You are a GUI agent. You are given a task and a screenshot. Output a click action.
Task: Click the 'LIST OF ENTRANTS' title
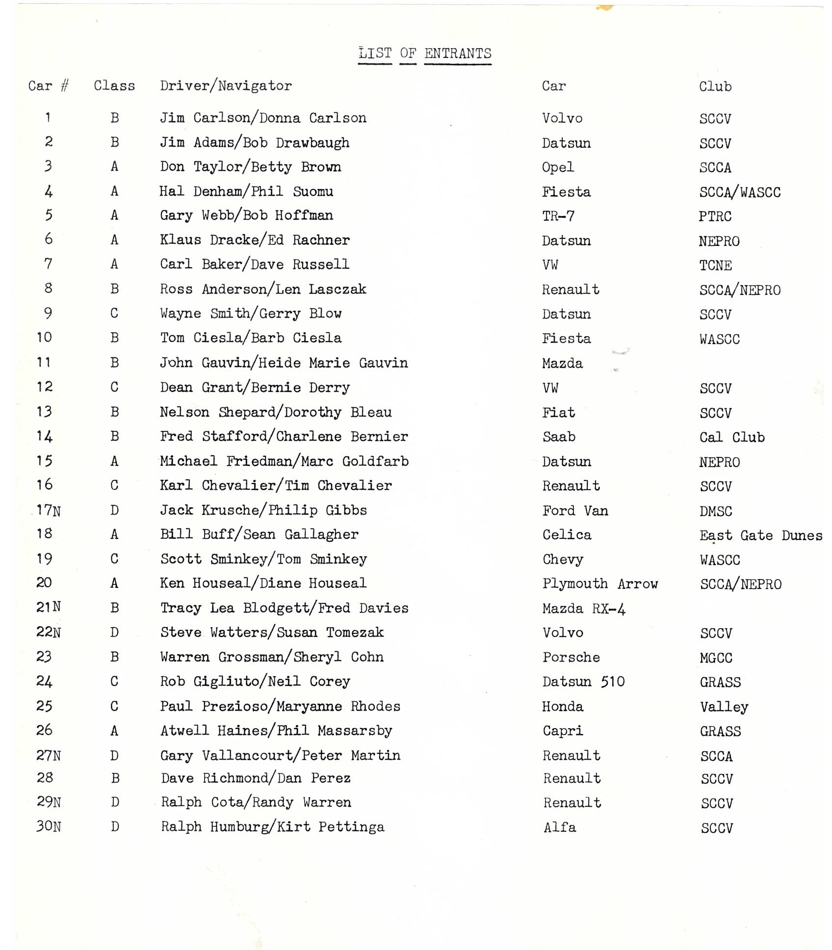(x=424, y=53)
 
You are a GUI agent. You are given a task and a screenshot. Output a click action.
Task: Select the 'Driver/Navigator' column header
(x=226, y=86)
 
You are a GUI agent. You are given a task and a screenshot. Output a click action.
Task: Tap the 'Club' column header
(x=715, y=87)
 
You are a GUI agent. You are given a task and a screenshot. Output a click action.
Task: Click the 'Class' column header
(x=114, y=86)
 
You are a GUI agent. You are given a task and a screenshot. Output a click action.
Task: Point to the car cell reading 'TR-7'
(x=558, y=216)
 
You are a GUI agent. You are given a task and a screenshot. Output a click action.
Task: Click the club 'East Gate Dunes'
(x=760, y=535)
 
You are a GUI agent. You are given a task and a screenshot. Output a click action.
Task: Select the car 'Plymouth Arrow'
(x=599, y=583)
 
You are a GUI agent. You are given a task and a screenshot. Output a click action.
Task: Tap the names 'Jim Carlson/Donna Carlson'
(x=263, y=118)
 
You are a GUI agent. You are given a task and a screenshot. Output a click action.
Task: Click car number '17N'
(x=49, y=510)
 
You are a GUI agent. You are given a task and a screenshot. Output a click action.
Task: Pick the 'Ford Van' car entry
(x=575, y=511)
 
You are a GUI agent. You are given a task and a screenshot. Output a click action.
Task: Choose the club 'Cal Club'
(x=731, y=437)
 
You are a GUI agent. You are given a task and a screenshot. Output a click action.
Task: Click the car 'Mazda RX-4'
(x=584, y=608)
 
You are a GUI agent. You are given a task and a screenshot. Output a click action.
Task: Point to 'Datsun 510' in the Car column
(x=583, y=682)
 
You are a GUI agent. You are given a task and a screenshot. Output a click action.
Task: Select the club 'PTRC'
(x=715, y=216)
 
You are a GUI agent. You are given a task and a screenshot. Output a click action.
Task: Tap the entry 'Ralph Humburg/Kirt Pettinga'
(x=272, y=827)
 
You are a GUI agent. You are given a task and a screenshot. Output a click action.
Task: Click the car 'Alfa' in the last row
(x=559, y=827)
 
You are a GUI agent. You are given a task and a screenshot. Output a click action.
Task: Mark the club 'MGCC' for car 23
(x=716, y=658)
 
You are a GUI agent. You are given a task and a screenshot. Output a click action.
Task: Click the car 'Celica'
(x=567, y=535)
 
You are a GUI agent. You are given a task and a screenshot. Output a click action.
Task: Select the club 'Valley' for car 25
(x=724, y=707)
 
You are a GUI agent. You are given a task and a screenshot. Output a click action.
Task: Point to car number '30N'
(x=49, y=826)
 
